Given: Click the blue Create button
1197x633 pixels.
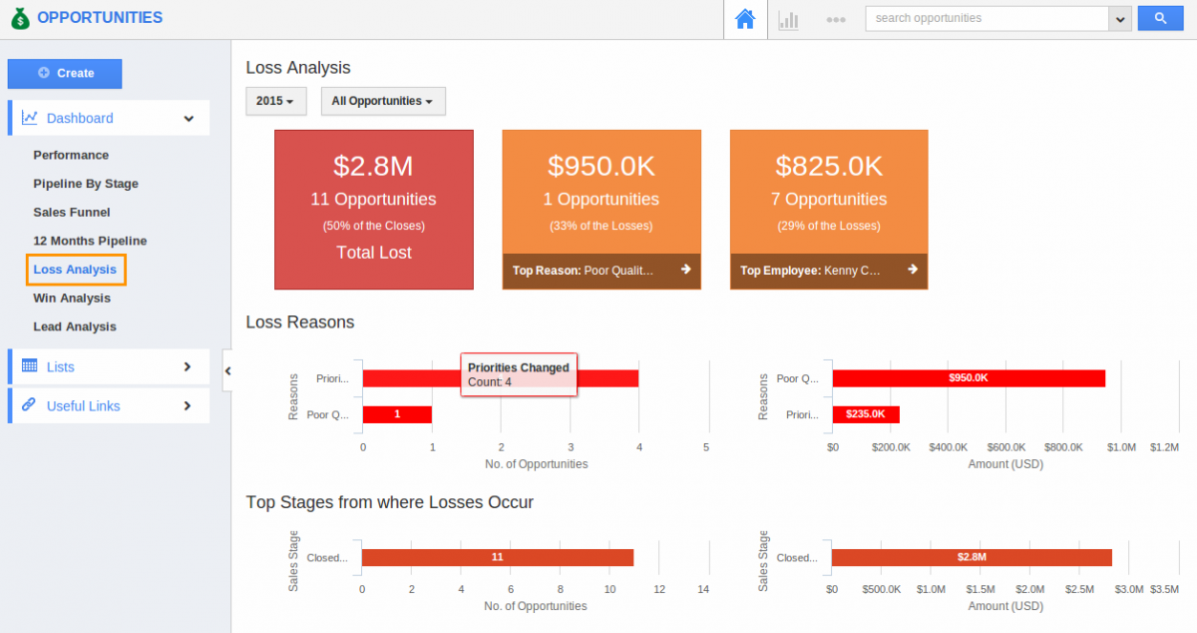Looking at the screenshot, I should coord(65,74).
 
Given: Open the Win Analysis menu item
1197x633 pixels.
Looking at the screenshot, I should coord(72,298).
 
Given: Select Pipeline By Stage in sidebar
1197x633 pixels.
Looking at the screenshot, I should coord(86,184).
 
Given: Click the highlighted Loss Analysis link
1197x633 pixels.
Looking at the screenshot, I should coord(75,270).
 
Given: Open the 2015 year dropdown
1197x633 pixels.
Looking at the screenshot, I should coord(275,101).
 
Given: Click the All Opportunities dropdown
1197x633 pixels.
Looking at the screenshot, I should coord(382,101).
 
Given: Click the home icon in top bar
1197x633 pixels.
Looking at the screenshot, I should coord(745,19).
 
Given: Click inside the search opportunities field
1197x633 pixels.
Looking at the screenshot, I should coord(986,18).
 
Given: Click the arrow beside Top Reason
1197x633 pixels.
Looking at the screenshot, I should coord(685,270).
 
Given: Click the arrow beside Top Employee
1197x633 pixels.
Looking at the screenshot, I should coord(913,270).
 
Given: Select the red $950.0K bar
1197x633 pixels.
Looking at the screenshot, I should coord(969,378).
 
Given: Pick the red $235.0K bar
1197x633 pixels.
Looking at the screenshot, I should coord(866,414).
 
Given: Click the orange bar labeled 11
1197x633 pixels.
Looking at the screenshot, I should coord(497,557).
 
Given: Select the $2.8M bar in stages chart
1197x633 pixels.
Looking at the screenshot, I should coord(972,557).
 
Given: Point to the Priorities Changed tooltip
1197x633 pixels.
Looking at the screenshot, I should coord(519,374).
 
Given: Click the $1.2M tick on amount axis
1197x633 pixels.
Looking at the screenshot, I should coord(1163,447).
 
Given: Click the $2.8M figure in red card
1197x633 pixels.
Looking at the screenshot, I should coord(373,166).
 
